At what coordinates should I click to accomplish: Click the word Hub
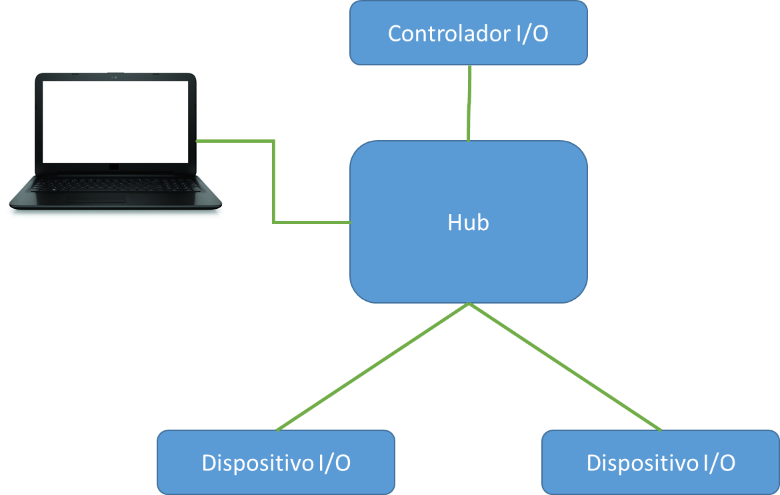pos(468,223)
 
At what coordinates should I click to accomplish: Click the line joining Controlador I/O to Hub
pos(469,103)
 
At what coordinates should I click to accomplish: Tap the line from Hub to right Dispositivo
pos(566,367)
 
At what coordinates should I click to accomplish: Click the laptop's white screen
pos(115,121)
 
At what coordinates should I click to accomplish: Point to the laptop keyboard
pos(113,184)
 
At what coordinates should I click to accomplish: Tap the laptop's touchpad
pos(95,199)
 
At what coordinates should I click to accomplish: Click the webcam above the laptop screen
pos(115,77)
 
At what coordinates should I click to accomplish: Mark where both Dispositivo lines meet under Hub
pos(469,304)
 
